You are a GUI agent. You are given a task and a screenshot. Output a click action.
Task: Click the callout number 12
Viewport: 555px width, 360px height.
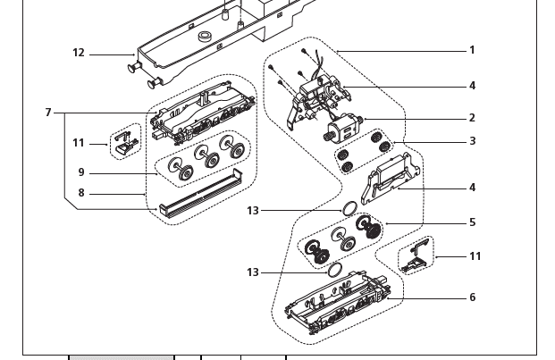pyautogui.click(x=79, y=54)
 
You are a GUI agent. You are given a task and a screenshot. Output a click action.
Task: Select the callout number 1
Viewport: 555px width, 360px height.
pyautogui.click(x=472, y=51)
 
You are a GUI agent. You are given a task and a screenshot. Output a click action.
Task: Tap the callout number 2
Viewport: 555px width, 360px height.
pyautogui.click(x=472, y=118)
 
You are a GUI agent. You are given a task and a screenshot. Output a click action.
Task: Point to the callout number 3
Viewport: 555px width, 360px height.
pyautogui.click(x=472, y=141)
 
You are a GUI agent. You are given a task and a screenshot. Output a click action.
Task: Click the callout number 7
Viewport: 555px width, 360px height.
pyautogui.click(x=48, y=113)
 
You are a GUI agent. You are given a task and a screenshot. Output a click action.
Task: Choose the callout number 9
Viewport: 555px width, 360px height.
pyautogui.click(x=81, y=173)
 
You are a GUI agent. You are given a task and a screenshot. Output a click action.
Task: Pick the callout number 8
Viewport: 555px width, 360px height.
pyautogui.click(x=81, y=193)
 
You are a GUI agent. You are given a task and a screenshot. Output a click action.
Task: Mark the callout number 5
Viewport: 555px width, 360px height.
pyautogui.click(x=472, y=222)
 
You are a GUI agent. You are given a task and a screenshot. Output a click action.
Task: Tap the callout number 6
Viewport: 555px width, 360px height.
pyautogui.click(x=472, y=297)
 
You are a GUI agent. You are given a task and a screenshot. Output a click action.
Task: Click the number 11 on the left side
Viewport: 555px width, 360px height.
pyautogui.click(x=79, y=143)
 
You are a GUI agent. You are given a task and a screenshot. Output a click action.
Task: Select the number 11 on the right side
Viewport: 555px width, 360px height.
pyautogui.click(x=475, y=256)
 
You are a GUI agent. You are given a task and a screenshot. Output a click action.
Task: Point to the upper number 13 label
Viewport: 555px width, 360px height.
pyautogui.click(x=253, y=211)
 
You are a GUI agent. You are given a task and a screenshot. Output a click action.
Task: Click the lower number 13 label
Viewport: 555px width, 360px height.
pyautogui.click(x=253, y=272)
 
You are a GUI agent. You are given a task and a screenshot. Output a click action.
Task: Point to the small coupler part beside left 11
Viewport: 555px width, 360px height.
pyautogui.click(x=126, y=141)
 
